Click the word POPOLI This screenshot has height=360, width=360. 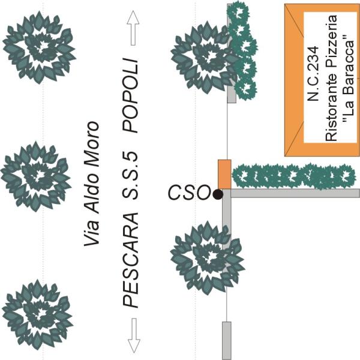click(x=130, y=95)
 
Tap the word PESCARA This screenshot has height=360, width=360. click(x=130, y=260)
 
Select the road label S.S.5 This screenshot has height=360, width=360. click(x=130, y=175)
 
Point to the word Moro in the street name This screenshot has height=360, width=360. click(x=92, y=144)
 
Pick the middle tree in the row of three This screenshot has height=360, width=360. click(x=36, y=176)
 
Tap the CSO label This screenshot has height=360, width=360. click(x=189, y=193)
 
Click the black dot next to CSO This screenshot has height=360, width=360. click(x=218, y=194)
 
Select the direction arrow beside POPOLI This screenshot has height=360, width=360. click(x=133, y=28)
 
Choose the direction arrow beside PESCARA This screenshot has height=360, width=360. click(x=134, y=335)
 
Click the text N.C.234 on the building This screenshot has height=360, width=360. click(x=313, y=74)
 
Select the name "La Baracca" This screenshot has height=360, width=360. click(x=349, y=78)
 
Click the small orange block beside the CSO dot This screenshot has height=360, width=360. click(x=224, y=174)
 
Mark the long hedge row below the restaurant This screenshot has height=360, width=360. click(x=294, y=176)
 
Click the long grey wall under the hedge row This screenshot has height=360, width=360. click(x=295, y=193)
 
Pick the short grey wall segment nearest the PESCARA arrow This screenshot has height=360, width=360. click(x=227, y=340)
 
